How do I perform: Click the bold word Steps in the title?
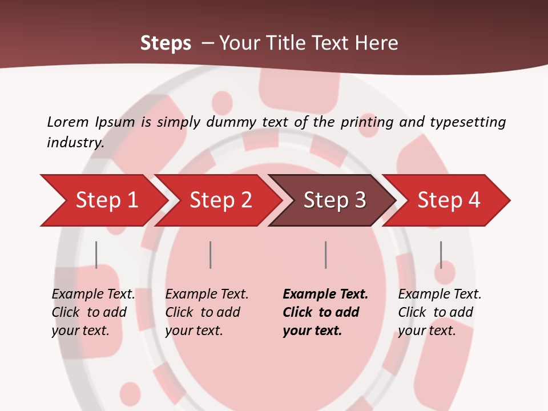[166, 43]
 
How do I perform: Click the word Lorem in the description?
[68, 122]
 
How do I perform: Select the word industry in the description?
[75, 142]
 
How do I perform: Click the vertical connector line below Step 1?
[96, 255]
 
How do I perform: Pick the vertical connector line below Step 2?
[211, 255]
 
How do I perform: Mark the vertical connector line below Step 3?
[325, 255]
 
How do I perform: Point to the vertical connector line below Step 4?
[441, 255]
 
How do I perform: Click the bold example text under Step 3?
[325, 312]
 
